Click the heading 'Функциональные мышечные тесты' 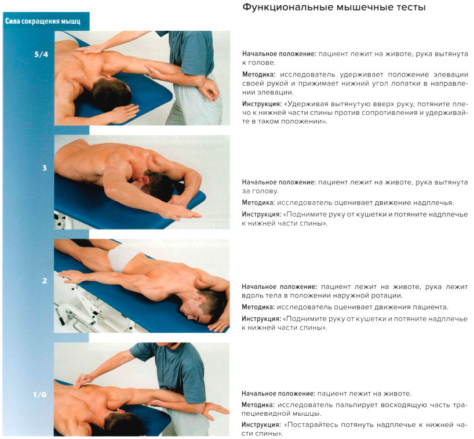pos(334,8)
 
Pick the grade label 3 pos(45,168)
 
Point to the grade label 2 pos(45,281)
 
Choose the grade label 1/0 pos(41,396)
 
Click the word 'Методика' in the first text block pos(259,75)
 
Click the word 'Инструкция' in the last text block pos(261,425)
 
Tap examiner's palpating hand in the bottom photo pos(85,380)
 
